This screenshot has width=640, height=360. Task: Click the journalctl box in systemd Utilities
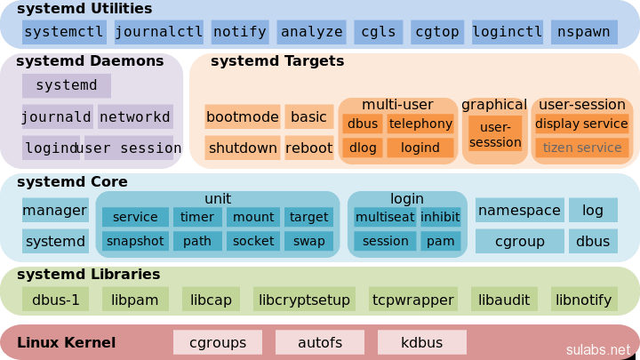click(x=159, y=32)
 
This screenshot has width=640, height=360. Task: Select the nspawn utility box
click(x=584, y=32)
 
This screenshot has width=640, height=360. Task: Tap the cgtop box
click(x=437, y=32)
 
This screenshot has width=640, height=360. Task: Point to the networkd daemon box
click(x=135, y=116)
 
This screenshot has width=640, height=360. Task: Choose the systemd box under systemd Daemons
click(x=67, y=85)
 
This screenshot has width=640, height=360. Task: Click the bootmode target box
click(x=243, y=116)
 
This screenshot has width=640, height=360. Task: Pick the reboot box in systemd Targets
click(x=309, y=148)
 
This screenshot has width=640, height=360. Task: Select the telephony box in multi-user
click(x=420, y=124)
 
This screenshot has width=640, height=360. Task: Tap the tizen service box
click(x=581, y=148)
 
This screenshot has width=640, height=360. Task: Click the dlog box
click(x=363, y=148)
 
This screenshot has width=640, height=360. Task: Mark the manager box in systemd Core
click(x=55, y=210)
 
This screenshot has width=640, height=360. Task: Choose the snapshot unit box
click(x=135, y=241)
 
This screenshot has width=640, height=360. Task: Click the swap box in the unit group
click(x=309, y=241)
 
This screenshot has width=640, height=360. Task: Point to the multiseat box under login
click(x=385, y=217)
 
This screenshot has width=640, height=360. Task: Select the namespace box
click(x=520, y=210)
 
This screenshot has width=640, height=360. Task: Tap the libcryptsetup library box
click(x=304, y=300)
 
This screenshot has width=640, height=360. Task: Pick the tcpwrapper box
click(x=413, y=300)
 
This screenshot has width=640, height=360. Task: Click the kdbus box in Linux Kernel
click(x=422, y=342)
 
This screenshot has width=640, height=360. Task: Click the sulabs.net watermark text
click(x=598, y=349)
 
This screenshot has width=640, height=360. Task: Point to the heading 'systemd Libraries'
click(x=88, y=275)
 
